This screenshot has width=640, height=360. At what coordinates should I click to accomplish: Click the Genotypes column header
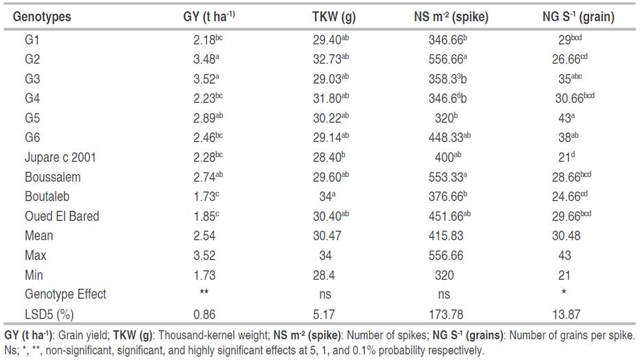tap(42, 16)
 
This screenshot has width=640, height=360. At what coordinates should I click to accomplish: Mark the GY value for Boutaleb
tap(206, 197)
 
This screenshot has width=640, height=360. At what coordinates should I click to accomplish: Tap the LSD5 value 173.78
tap(444, 314)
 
